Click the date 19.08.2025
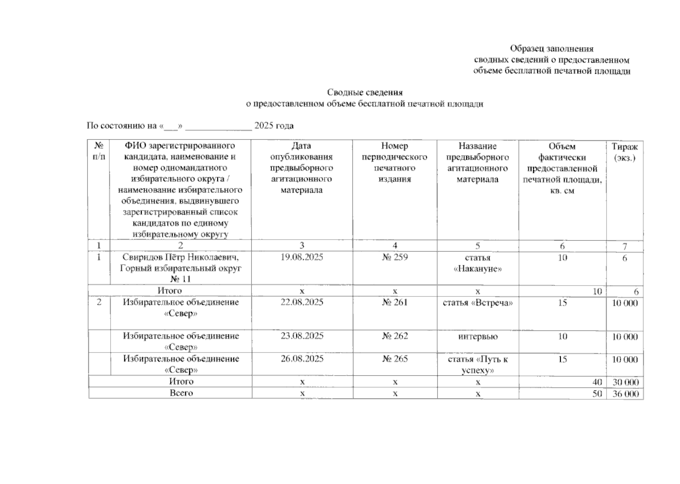coord(301,257)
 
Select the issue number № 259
coord(395,257)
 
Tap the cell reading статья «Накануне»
coord(477,263)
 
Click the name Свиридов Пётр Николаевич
coord(180,257)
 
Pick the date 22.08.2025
coord(301,302)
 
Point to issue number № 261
coord(395,302)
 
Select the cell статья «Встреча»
coord(478,302)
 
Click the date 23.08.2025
coord(301,336)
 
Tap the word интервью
coord(478,336)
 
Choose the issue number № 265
coord(395,359)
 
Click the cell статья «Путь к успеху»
coord(478,365)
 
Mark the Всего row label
coord(181,393)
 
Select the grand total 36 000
coord(625,394)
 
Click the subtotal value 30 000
coord(625,382)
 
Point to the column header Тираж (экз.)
coord(624,152)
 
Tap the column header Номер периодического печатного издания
coord(394,163)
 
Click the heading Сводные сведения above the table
coord(364,93)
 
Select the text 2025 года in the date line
coord(274,125)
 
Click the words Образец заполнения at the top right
coord(551,49)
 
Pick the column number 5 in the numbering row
coord(478,246)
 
